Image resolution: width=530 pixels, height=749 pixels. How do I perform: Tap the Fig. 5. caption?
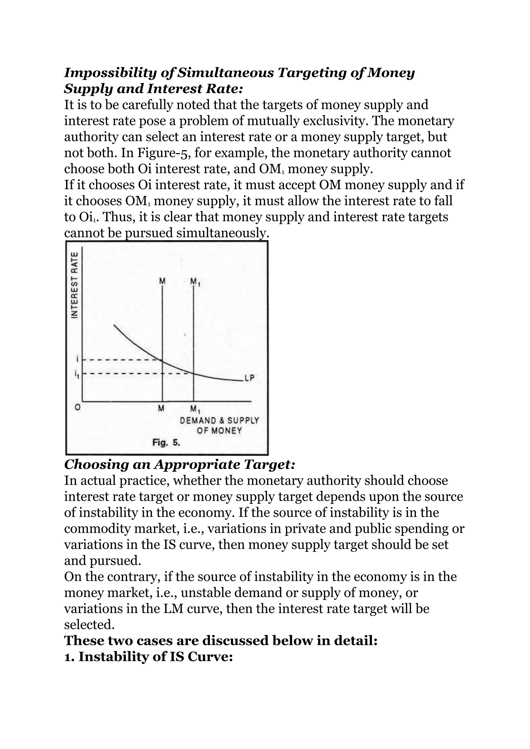coord(166,443)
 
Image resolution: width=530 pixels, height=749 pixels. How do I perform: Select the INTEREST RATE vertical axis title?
coord(75,284)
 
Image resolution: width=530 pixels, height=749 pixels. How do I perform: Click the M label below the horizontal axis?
coord(161,408)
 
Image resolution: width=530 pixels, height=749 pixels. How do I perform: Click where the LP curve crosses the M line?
coord(162,360)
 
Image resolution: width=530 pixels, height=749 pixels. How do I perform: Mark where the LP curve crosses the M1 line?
coord(194,373)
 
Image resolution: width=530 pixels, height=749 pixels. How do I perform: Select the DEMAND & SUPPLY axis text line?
coord(219,421)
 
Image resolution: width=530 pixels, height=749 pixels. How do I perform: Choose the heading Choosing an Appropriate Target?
coord(180,465)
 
